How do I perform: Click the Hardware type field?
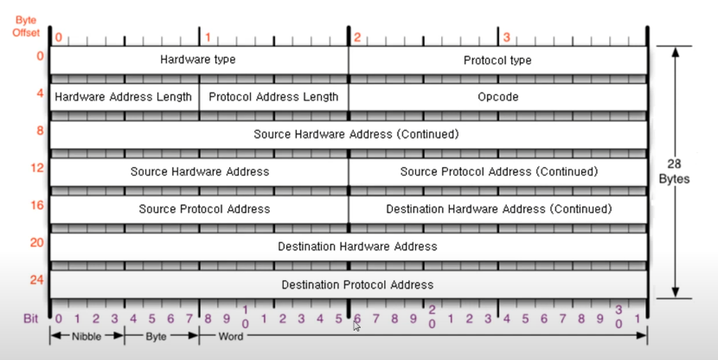(x=198, y=60)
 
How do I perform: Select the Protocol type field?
(x=497, y=60)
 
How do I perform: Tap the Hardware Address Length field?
(x=124, y=97)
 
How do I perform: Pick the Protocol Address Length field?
(x=273, y=97)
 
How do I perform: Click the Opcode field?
(x=497, y=97)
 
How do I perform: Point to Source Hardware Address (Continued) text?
(x=356, y=134)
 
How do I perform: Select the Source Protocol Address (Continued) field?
(x=498, y=171)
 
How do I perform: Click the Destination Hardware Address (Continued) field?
(x=498, y=209)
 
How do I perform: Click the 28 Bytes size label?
(x=681, y=171)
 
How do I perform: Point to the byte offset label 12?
(x=37, y=167)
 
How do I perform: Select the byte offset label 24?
(x=37, y=280)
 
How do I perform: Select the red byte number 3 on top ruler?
(x=507, y=38)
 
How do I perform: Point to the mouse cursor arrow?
(x=357, y=326)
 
